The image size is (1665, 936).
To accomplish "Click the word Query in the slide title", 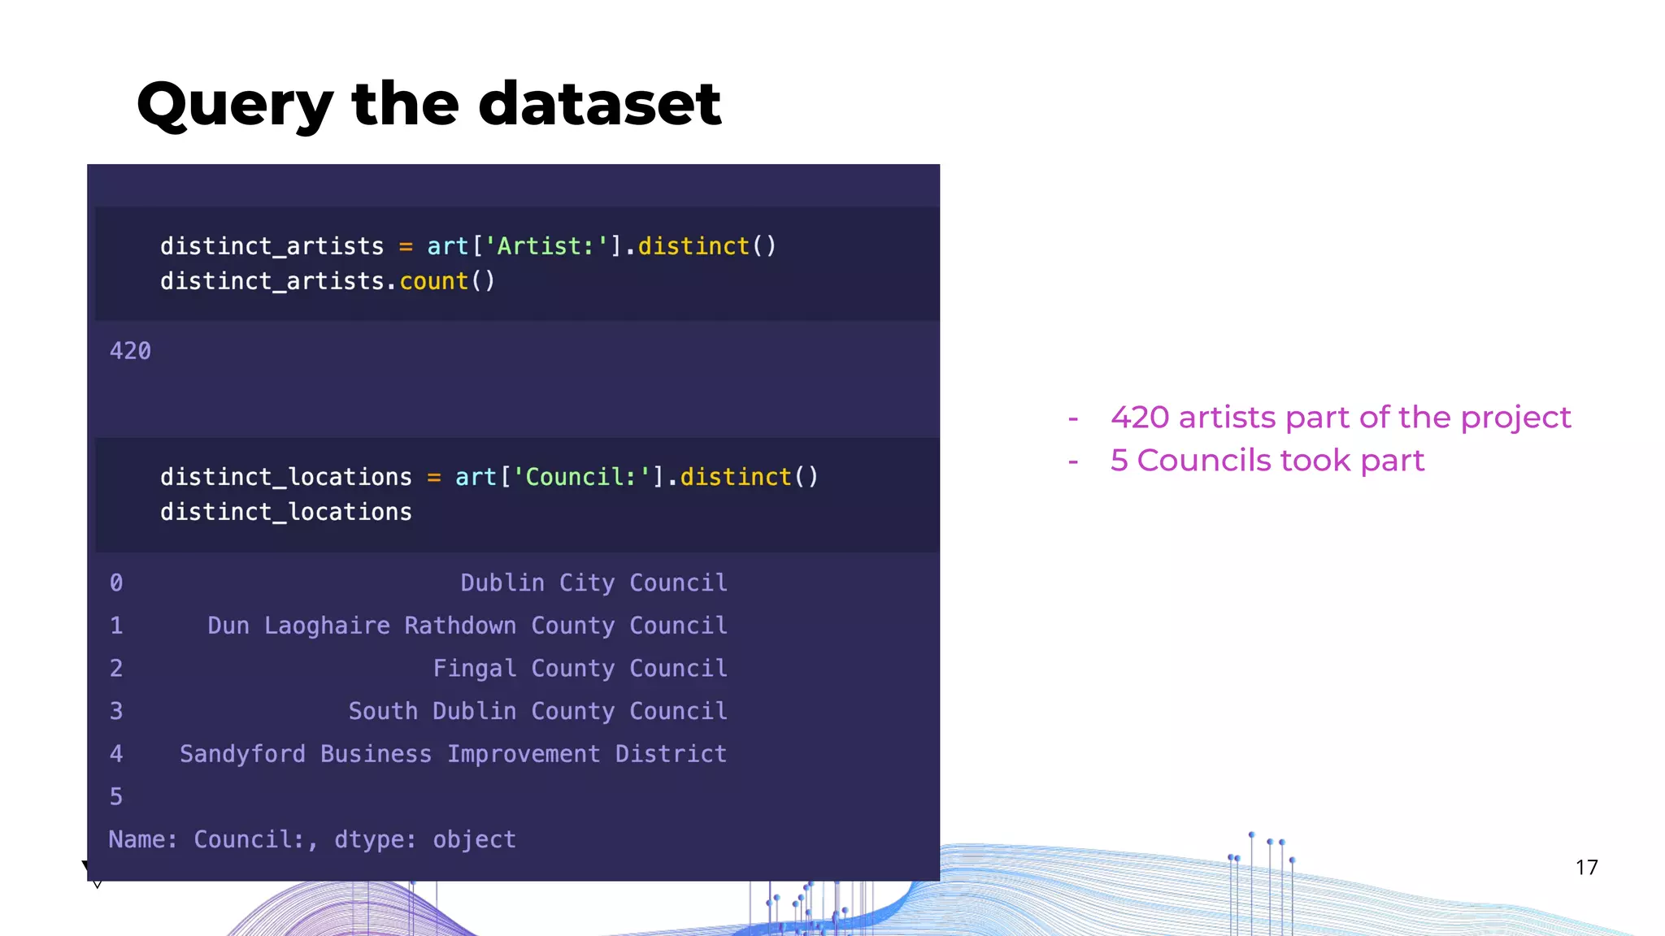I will [x=235, y=106].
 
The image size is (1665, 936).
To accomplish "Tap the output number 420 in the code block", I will [x=130, y=351].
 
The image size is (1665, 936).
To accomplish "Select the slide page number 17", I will [x=1586, y=868].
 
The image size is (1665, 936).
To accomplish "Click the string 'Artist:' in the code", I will [x=546, y=246].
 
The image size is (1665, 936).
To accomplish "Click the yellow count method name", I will [x=433, y=281].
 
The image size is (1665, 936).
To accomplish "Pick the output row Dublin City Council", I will [x=593, y=583].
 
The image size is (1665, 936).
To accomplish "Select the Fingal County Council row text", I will [x=580, y=668].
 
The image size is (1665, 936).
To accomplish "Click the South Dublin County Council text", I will [x=537, y=711].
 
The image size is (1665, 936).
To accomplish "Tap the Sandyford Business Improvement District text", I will [x=453, y=754].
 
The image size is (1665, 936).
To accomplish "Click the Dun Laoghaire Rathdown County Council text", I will [x=467, y=626].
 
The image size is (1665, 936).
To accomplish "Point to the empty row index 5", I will [x=116, y=796].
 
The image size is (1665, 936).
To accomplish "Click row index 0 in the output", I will [x=116, y=583].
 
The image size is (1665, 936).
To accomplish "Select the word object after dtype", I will [x=474, y=839].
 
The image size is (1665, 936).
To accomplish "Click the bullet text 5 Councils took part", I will [x=1267, y=461].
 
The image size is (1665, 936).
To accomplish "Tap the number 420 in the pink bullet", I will [x=1140, y=418].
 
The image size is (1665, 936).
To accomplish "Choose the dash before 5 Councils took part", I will [x=1073, y=461].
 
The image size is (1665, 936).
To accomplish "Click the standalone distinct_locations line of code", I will [x=285, y=512].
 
